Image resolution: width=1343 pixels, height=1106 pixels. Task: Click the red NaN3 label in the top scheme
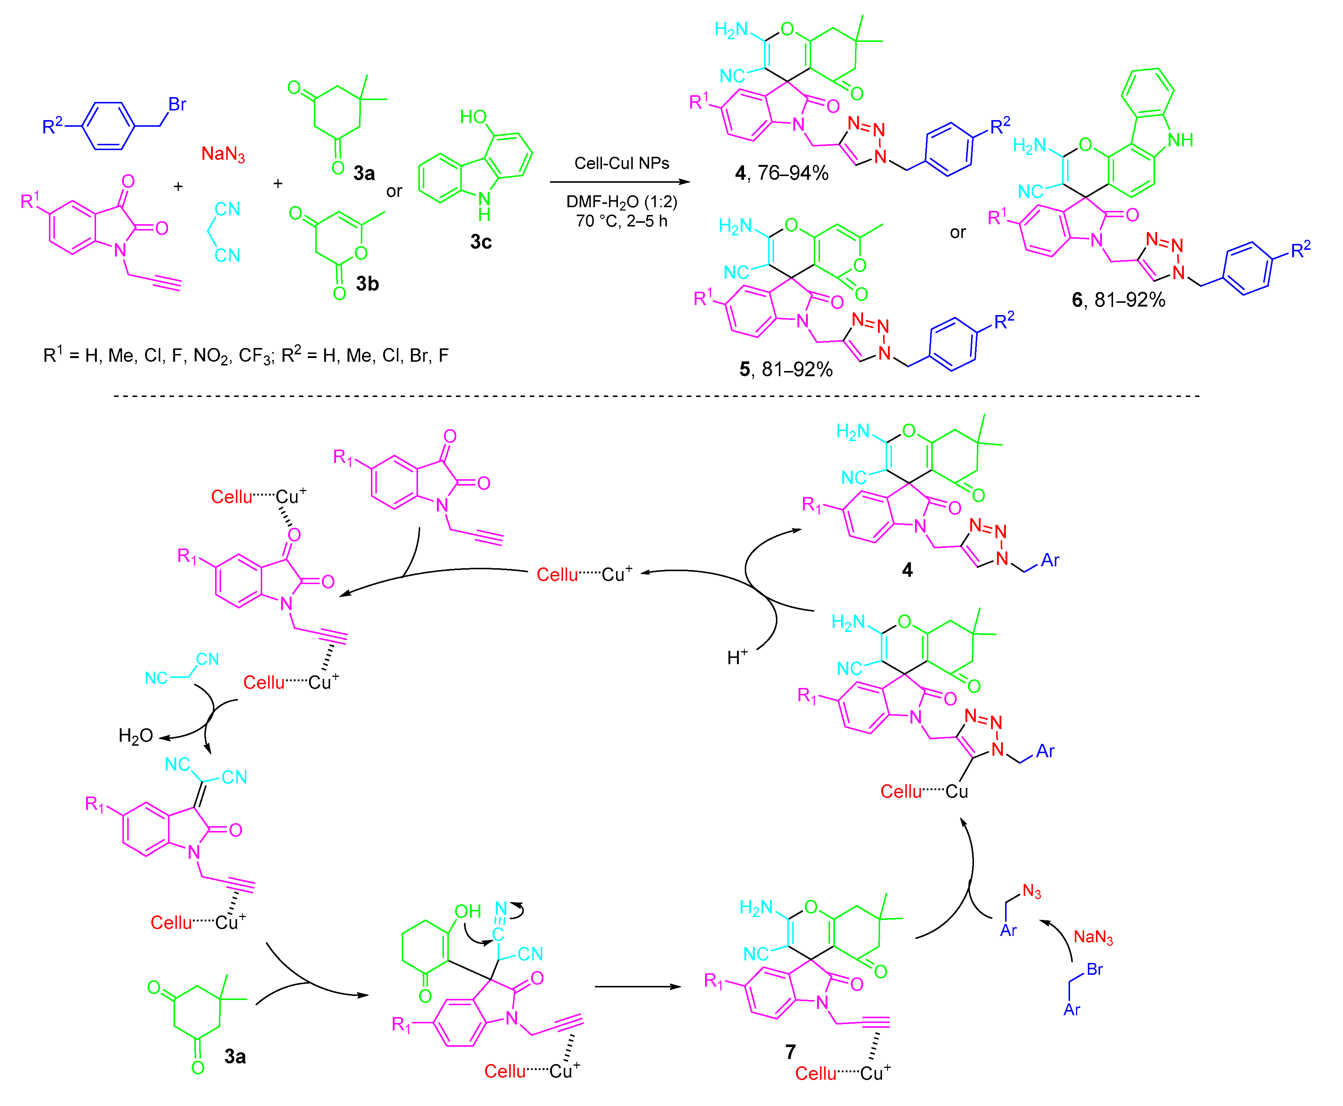(223, 154)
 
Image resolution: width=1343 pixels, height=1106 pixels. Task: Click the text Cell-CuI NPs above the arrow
(622, 164)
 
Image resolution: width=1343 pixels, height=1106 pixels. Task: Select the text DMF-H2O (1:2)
(622, 203)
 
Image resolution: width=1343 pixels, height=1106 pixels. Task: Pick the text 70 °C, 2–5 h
(622, 221)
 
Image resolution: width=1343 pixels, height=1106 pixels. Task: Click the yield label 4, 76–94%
(781, 173)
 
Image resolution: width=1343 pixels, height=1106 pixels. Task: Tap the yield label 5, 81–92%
(786, 370)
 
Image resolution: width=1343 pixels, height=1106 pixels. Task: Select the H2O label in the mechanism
(135, 736)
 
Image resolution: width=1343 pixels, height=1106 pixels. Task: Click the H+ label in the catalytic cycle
(737, 657)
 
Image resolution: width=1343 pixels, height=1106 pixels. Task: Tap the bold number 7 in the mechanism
(790, 1052)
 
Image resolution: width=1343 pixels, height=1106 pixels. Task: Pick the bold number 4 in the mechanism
(907, 570)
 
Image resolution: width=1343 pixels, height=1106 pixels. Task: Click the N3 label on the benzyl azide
(1031, 891)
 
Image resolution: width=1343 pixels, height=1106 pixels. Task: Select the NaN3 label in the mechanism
(1093, 937)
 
